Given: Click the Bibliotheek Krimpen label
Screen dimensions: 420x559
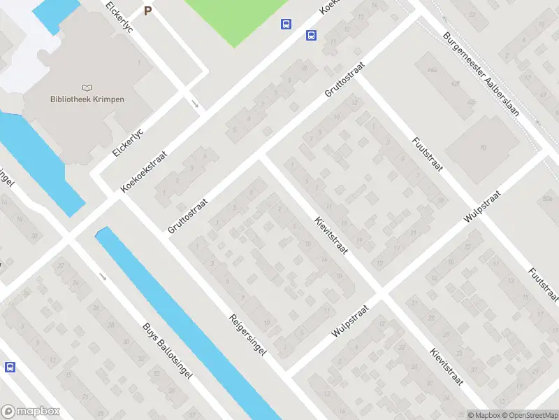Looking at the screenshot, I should (87, 99).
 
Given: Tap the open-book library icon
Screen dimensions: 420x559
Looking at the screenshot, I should (87, 88).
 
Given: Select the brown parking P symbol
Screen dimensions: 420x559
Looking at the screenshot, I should (147, 10).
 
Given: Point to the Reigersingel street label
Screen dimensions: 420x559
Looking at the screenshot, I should (248, 336).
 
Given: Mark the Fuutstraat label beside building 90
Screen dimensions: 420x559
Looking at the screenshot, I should (427, 158).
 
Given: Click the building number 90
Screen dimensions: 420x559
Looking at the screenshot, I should (483, 146).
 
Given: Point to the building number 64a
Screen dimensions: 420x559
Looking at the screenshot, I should (433, 71).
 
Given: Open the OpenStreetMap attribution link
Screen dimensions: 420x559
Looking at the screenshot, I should (528, 415).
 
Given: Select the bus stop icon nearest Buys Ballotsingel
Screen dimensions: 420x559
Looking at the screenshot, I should (10, 367).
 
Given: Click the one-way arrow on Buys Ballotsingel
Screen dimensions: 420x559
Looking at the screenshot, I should (103, 276).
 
